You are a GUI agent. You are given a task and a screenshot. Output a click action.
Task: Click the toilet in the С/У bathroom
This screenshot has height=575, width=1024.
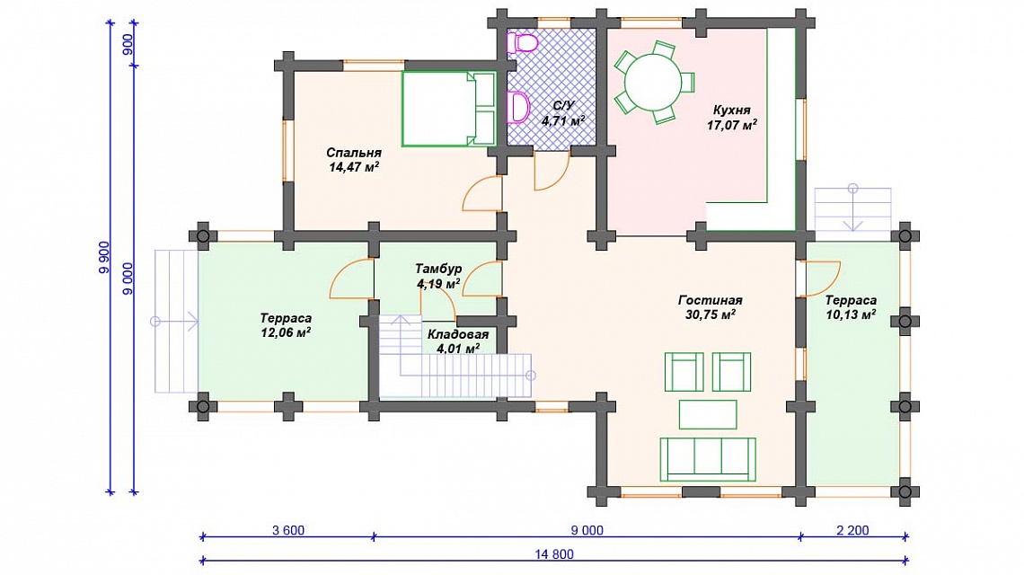point(525,43)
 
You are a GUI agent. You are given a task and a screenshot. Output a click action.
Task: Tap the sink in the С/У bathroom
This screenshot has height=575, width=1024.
point(518,107)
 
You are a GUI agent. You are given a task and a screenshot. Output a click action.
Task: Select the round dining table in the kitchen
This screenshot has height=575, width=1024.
point(652,83)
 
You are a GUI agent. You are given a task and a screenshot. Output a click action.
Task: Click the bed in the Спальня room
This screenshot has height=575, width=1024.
point(448,108)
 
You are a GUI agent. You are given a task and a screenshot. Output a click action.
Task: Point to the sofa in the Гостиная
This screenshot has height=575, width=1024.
point(708,459)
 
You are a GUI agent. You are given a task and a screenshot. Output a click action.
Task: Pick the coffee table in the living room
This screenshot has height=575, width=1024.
point(708,414)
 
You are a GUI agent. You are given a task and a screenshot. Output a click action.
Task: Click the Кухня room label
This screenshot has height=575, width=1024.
point(731,110)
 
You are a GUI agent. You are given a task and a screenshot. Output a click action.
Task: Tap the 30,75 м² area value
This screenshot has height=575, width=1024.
point(710,315)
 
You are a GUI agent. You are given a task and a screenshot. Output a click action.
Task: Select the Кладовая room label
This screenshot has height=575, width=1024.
point(458,334)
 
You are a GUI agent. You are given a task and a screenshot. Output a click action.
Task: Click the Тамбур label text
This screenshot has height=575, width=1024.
point(438,269)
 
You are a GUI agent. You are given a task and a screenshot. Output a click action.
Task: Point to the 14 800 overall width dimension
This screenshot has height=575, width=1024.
point(554,554)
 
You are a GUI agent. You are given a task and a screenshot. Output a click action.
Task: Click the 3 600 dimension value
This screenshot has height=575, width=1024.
point(288,530)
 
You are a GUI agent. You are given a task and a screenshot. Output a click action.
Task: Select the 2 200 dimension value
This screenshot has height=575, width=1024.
point(853,530)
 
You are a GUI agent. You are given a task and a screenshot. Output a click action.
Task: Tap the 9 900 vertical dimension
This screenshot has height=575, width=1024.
point(104,258)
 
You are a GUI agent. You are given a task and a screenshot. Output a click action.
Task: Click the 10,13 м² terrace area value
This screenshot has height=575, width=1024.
point(851,315)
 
